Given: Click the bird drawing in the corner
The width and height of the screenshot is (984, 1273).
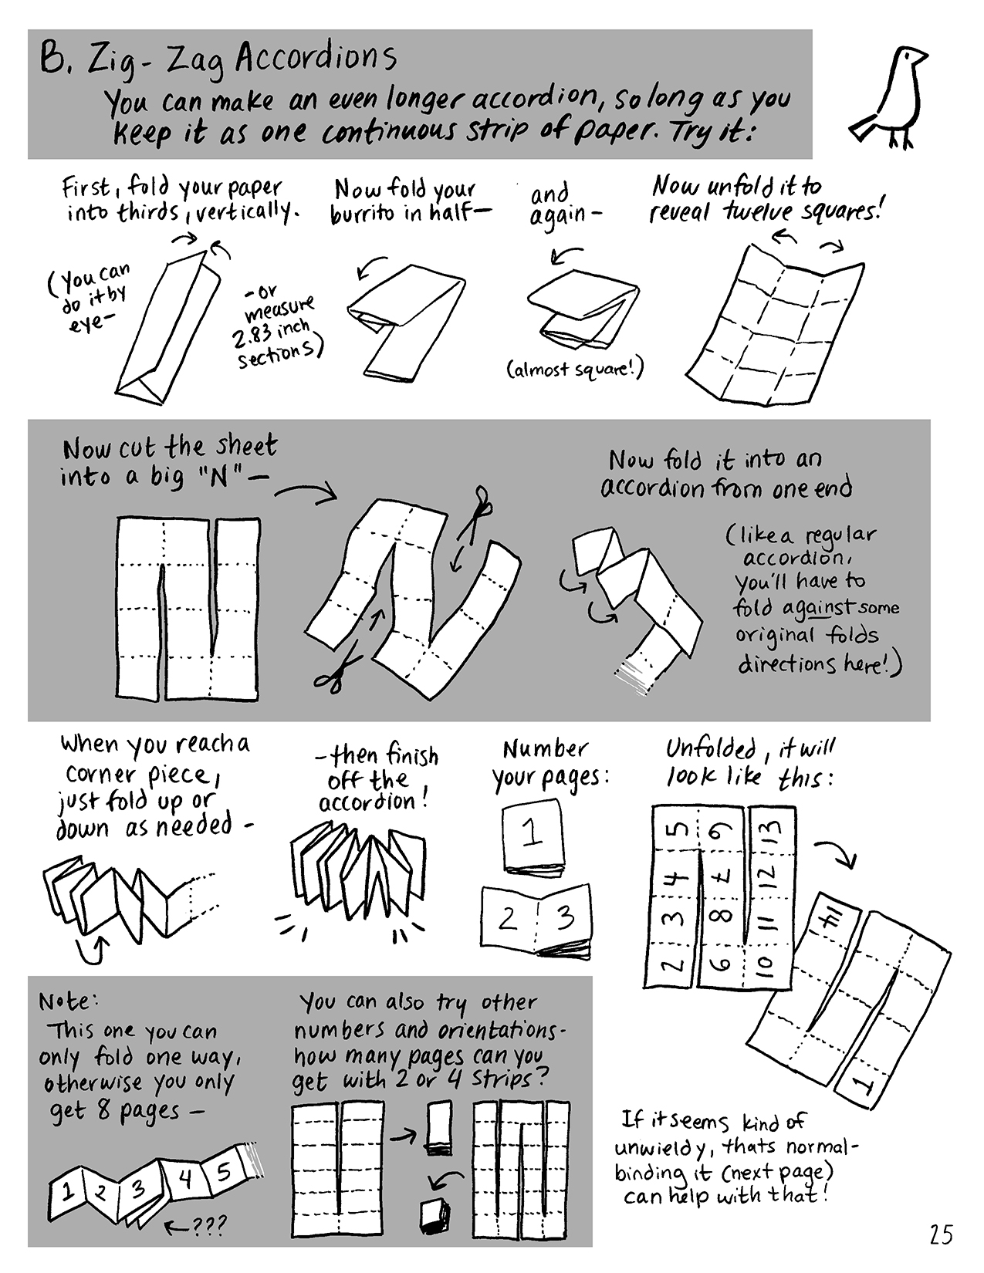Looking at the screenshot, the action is (888, 96).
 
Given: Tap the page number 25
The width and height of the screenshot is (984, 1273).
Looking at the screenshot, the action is (940, 1234).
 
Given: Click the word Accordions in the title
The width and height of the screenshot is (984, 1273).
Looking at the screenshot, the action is (316, 59).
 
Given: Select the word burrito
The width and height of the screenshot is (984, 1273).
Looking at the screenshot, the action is (364, 214).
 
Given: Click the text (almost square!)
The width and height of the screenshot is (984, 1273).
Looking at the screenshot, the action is (575, 370).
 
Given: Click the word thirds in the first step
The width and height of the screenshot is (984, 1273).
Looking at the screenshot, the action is (147, 212).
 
